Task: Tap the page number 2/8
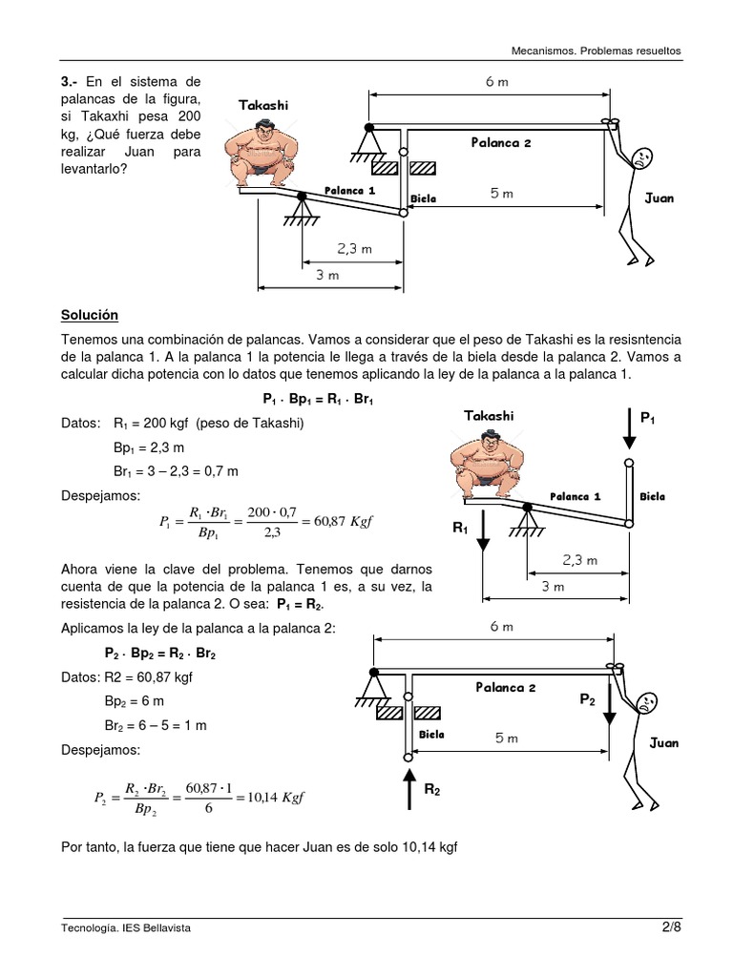click(x=671, y=926)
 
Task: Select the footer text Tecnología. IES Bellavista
click(x=119, y=927)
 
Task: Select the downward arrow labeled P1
click(x=628, y=428)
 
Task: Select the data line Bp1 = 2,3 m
click(x=149, y=447)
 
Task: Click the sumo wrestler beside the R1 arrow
click(x=486, y=465)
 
